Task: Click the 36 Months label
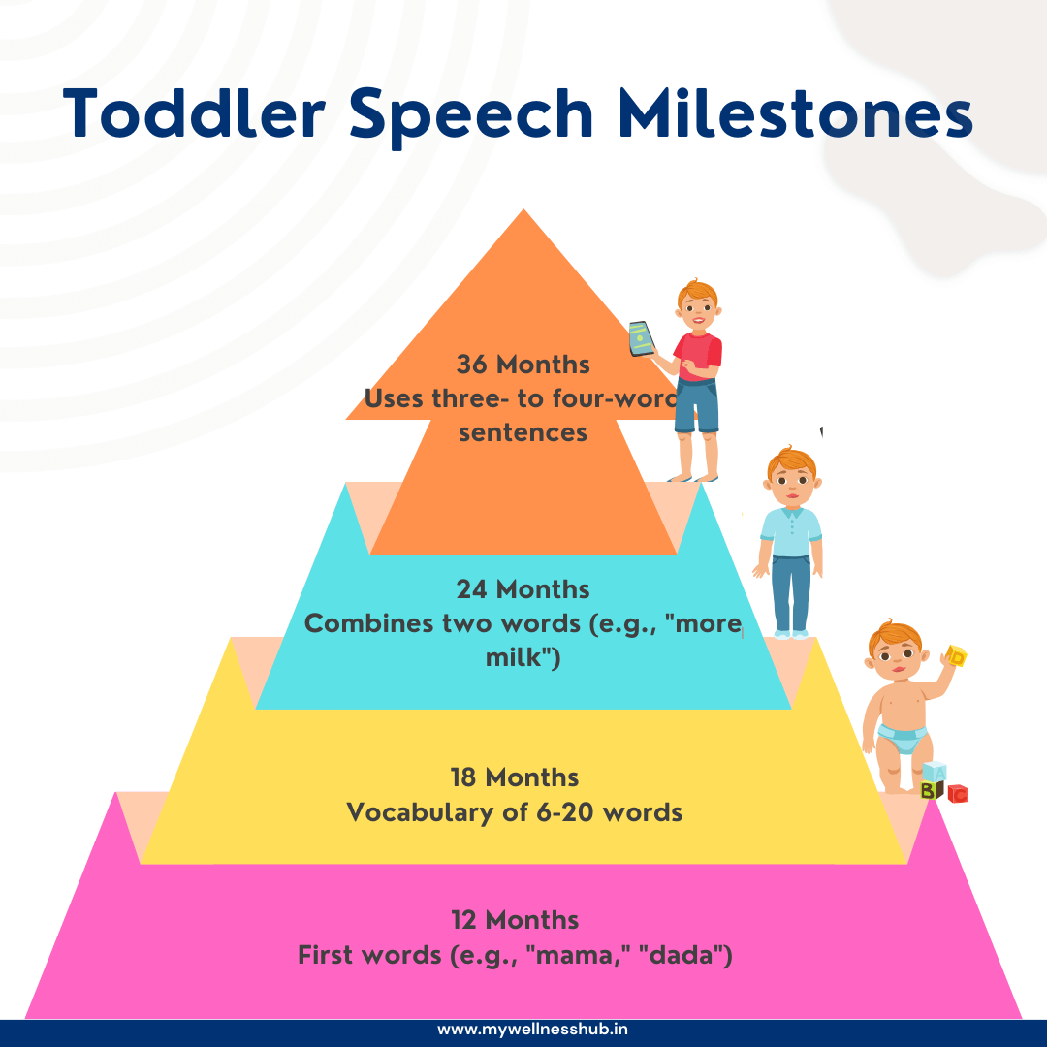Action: [x=523, y=365]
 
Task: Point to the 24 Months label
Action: [x=523, y=589]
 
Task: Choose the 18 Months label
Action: [x=515, y=777]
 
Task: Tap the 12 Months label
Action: [x=515, y=919]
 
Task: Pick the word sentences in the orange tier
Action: [x=523, y=431]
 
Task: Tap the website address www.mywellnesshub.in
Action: [x=523, y=1031]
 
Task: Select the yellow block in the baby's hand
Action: [x=957, y=657]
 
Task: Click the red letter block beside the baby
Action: [x=957, y=794]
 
